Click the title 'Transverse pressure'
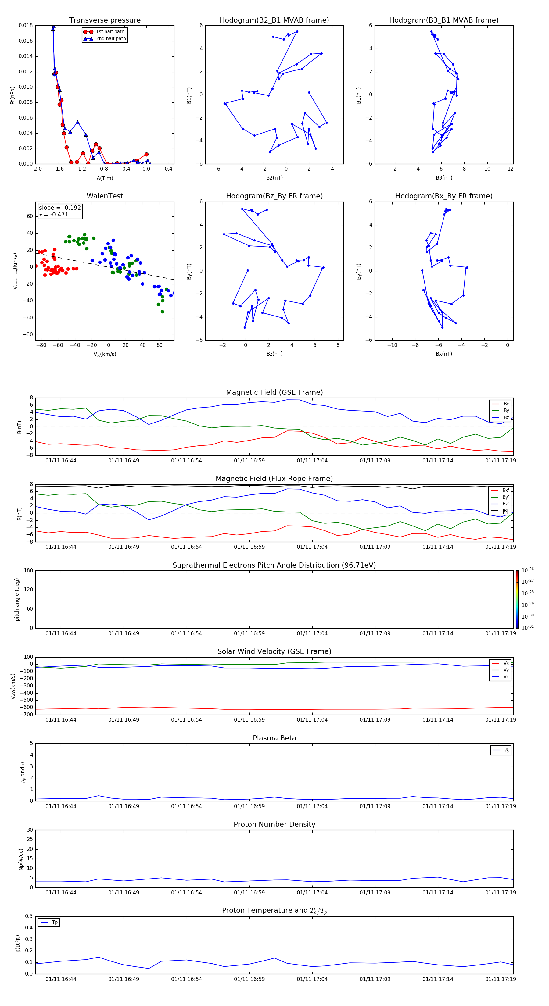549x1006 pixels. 105,20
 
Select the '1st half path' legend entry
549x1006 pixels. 110,32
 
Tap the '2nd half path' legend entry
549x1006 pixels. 111,39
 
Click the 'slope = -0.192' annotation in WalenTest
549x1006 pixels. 60,208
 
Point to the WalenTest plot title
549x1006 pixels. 105,196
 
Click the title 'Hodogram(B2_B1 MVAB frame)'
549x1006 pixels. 274,20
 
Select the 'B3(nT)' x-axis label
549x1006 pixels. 444,178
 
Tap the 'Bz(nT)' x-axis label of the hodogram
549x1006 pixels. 274,354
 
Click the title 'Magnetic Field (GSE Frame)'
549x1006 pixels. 274,392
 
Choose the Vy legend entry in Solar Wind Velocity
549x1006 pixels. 506,670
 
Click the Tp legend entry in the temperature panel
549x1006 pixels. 55,922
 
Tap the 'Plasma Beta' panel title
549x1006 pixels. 274,738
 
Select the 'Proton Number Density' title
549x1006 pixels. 274,824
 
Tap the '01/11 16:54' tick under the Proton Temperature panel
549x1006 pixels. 186,979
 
